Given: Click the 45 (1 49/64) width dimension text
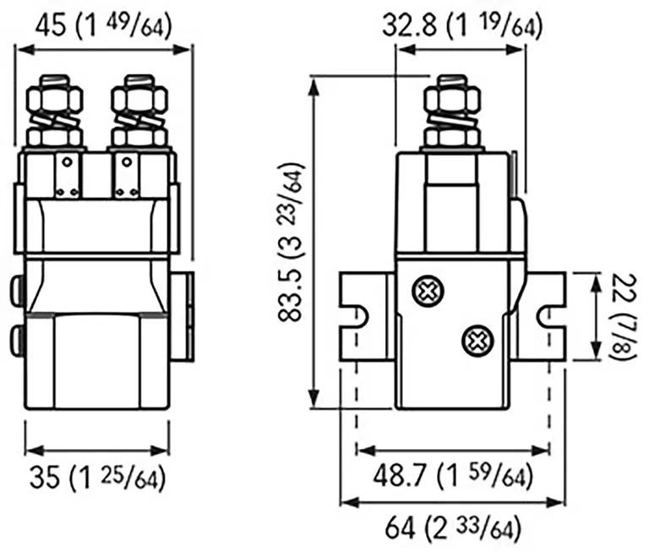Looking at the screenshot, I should pyautogui.click(x=103, y=25).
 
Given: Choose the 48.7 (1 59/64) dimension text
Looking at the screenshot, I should pyautogui.click(x=453, y=478).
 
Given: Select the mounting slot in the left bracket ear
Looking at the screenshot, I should pyautogui.click(x=357, y=316).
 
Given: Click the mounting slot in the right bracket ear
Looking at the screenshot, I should pyautogui.click(x=548, y=316).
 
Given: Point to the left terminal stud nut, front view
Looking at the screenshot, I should pyautogui.click(x=56, y=106).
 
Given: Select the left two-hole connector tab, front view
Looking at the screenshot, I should pyautogui.click(x=68, y=176).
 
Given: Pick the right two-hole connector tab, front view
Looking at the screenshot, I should pyautogui.click(x=128, y=176).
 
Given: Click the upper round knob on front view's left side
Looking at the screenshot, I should pyautogui.click(x=14, y=293).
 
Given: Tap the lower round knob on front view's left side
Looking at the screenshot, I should pyautogui.click(x=14, y=340).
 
